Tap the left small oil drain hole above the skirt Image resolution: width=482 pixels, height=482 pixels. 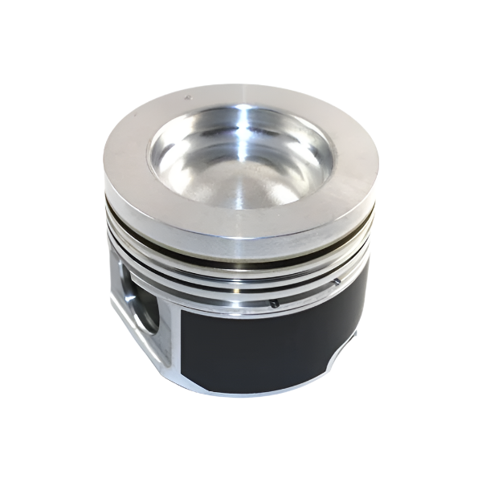(x=274, y=303)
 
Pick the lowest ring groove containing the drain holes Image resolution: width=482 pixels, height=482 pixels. (x=241, y=299)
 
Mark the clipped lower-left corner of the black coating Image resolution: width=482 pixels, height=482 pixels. (x=182, y=378)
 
